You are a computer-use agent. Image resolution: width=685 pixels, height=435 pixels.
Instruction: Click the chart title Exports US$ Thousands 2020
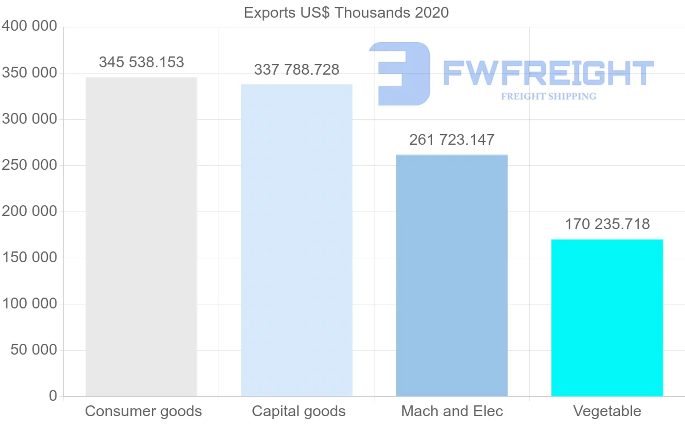click(x=346, y=13)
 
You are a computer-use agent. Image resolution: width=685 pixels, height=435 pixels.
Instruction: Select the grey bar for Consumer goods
click(x=141, y=237)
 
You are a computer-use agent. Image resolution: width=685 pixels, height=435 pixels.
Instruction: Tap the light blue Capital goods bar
click(x=296, y=240)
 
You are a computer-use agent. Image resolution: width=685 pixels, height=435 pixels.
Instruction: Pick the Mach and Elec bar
click(x=452, y=275)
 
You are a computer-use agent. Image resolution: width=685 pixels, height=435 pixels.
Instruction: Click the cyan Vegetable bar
click(x=607, y=318)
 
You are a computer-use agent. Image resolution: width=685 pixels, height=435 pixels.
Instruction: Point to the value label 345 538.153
click(x=142, y=62)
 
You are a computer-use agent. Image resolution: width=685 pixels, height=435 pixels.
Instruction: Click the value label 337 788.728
click(x=297, y=70)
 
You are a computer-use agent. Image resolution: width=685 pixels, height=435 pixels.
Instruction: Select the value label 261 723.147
click(x=452, y=140)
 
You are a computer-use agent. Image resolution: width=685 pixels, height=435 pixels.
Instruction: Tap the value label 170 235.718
click(x=607, y=224)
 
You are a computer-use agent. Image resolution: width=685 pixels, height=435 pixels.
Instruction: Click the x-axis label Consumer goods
click(x=143, y=411)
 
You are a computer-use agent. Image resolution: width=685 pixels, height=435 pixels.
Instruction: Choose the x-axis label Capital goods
click(x=299, y=411)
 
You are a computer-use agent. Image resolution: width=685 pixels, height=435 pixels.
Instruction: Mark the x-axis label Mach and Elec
click(x=452, y=411)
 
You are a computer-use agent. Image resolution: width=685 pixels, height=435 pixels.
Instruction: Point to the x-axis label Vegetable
click(x=607, y=411)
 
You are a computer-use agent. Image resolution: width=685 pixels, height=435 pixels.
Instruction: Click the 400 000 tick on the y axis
click(x=30, y=26)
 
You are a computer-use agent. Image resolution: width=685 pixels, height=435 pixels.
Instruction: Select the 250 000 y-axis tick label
click(x=30, y=165)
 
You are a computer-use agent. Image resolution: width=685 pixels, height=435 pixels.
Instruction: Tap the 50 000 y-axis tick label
click(x=34, y=349)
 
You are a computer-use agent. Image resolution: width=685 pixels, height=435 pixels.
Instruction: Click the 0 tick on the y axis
click(x=53, y=396)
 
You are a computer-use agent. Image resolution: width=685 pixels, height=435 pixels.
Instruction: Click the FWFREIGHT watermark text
click(x=548, y=73)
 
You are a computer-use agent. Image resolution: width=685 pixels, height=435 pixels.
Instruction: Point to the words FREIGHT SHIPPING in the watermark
click(x=548, y=96)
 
